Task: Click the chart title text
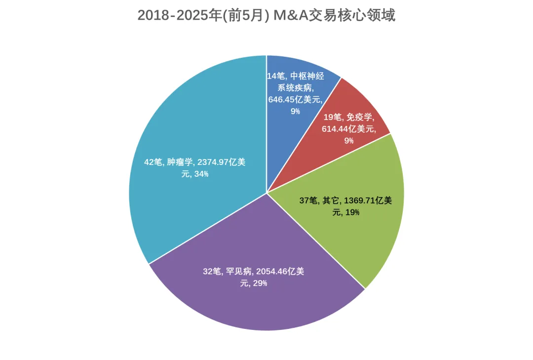266,15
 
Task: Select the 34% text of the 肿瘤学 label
201,174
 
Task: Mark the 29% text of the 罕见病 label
260,283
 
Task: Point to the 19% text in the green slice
352,212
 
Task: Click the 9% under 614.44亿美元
349,141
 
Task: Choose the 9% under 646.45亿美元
295,111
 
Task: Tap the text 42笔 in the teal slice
153,162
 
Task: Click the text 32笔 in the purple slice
212,271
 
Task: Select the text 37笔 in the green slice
309,200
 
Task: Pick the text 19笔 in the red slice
332,117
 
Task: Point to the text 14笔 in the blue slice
275,76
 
